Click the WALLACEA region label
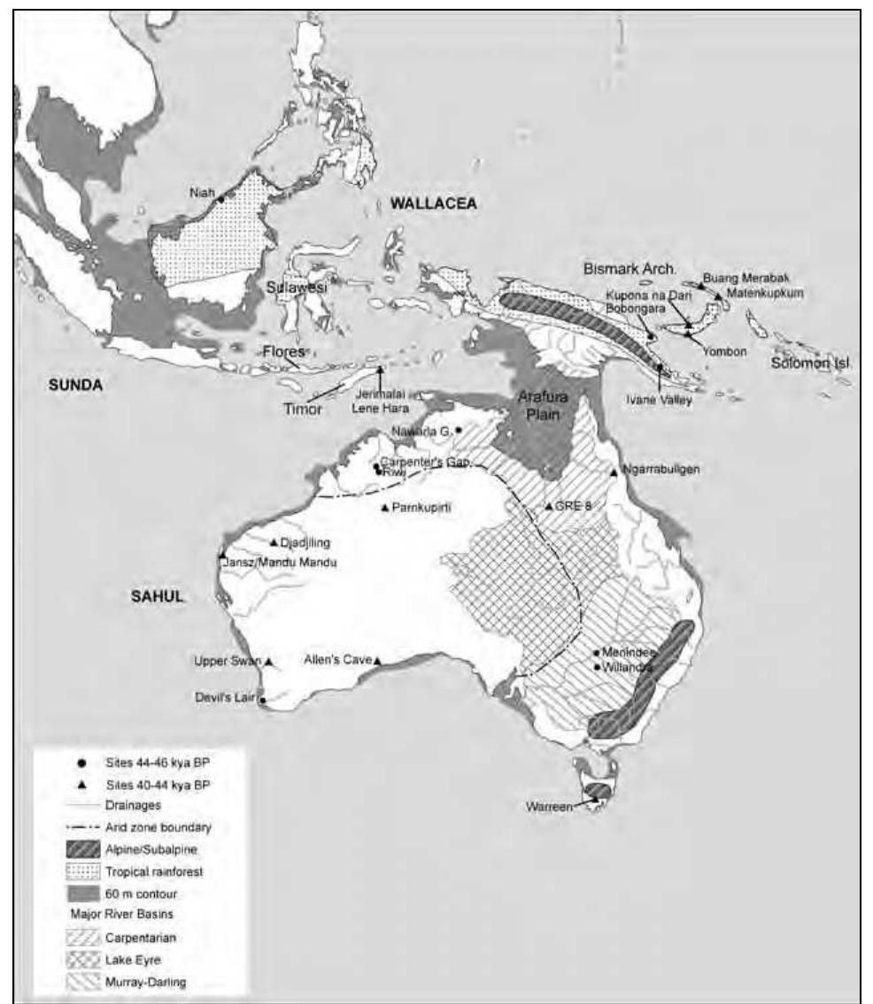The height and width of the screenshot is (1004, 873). (x=433, y=203)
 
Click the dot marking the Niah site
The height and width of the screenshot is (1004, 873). (x=220, y=200)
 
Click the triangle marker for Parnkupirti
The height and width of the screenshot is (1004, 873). (x=384, y=507)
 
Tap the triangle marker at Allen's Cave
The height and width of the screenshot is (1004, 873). (x=377, y=661)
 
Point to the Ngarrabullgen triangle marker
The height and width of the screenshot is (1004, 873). (x=614, y=472)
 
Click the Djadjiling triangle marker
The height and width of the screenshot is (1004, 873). (x=274, y=542)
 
